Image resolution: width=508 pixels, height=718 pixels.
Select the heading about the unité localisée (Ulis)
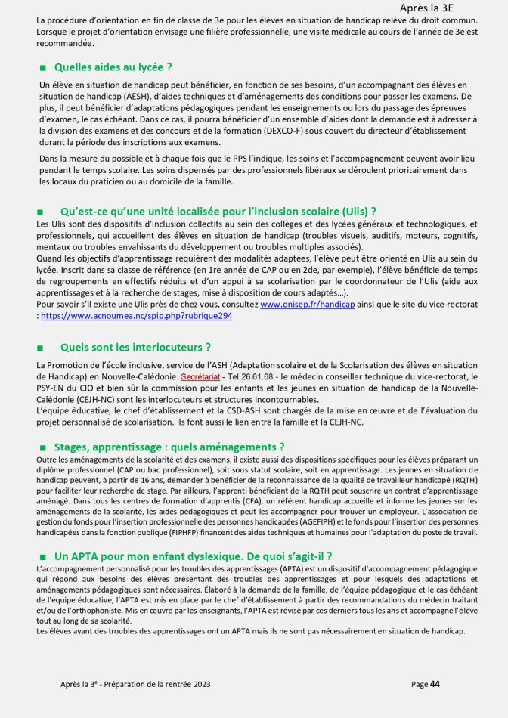pos(218,211)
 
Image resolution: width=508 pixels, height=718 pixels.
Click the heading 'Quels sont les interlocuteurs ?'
pos(135,348)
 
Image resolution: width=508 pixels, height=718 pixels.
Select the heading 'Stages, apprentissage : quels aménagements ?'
pos(170,447)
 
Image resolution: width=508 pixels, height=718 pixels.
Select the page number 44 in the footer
pos(435,684)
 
